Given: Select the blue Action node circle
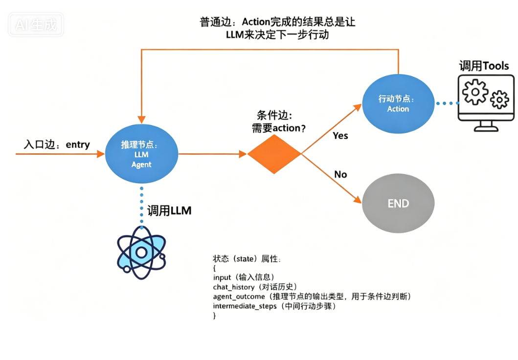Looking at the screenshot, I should click(x=398, y=103).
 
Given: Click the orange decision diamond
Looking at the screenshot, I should click(x=274, y=154).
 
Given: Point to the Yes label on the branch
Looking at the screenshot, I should click(x=340, y=135).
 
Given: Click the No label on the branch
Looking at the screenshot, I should click(x=340, y=174).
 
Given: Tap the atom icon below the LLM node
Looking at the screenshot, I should click(x=141, y=252).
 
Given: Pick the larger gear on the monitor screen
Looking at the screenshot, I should click(x=475, y=91).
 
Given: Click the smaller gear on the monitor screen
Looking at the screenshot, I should click(x=499, y=99).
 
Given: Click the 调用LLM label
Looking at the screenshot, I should click(x=169, y=211).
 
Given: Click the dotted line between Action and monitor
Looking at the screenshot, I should click(x=447, y=103).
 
